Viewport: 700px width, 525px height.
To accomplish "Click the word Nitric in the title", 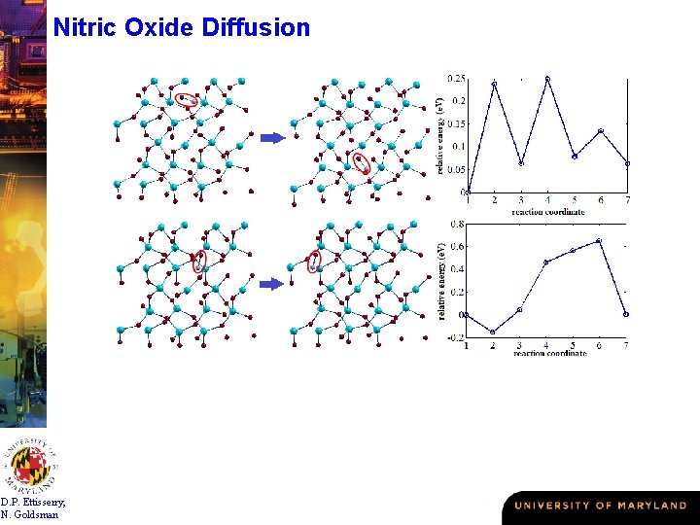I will point(86,27).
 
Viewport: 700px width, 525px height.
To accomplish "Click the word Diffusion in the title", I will point(257,27).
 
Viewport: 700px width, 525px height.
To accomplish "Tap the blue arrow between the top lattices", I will point(271,138).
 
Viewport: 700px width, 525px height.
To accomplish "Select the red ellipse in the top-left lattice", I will point(186,98).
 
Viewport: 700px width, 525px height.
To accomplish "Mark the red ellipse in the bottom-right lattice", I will point(314,261).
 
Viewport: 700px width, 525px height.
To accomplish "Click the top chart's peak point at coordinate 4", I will point(547,79).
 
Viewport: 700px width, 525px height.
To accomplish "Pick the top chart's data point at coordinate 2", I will point(494,84).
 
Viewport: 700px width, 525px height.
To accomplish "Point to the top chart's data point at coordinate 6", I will point(601,130).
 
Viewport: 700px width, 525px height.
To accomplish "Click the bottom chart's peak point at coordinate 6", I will point(600,240).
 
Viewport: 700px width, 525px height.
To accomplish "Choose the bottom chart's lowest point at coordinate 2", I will point(493,332).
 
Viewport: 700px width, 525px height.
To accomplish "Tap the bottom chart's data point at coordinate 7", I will point(626,314).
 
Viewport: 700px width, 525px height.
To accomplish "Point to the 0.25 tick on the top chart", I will point(455,79).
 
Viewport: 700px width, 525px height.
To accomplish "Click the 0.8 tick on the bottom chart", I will point(457,224).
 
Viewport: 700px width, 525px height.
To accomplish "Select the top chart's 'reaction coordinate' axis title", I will point(547,211).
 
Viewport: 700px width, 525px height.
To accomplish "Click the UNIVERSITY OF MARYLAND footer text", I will point(600,506).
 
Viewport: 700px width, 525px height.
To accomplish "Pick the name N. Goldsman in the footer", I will point(30,514).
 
